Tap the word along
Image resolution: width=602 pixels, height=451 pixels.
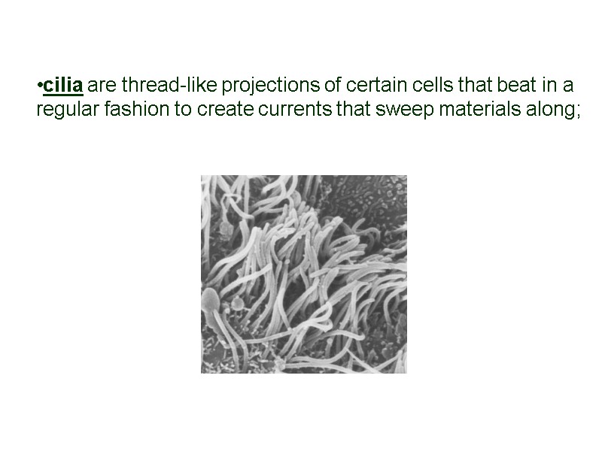552,110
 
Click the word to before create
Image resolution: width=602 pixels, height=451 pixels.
184,110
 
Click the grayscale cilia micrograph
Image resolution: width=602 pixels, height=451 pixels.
303,274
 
